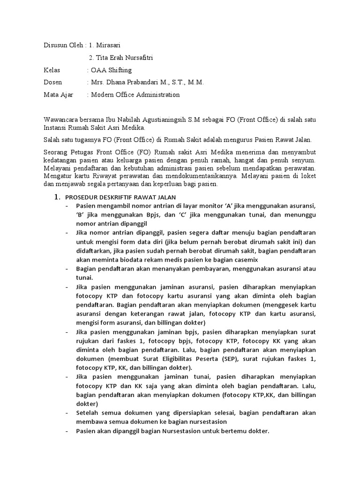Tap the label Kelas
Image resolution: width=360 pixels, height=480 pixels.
click(52, 70)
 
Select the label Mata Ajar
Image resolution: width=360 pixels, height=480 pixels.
click(59, 95)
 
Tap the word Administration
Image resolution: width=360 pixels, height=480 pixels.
click(156, 95)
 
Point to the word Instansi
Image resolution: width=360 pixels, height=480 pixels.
click(56, 127)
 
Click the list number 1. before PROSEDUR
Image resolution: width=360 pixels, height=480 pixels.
click(58, 197)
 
